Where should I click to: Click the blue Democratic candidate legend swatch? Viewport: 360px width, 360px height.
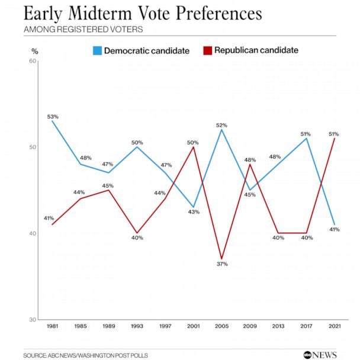pyautogui.click(x=97, y=50)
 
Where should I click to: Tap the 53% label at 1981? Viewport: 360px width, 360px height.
pyautogui.click(x=52, y=116)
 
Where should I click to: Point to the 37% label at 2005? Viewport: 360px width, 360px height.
pyautogui.click(x=221, y=263)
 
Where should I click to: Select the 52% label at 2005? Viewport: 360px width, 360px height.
pyautogui.click(x=221, y=125)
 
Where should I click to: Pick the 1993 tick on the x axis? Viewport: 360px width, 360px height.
pyautogui.click(x=137, y=326)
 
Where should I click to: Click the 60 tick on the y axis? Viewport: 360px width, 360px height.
pyautogui.click(x=33, y=61)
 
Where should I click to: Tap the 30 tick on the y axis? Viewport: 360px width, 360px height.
pyautogui.click(x=33, y=319)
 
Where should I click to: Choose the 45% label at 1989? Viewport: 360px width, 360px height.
pyautogui.click(x=107, y=185)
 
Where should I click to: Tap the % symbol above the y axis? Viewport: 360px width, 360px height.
pyautogui.click(x=34, y=51)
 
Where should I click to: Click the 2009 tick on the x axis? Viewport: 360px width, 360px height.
pyautogui.click(x=250, y=326)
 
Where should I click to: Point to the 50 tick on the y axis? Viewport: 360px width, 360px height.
pyautogui.click(x=33, y=147)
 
